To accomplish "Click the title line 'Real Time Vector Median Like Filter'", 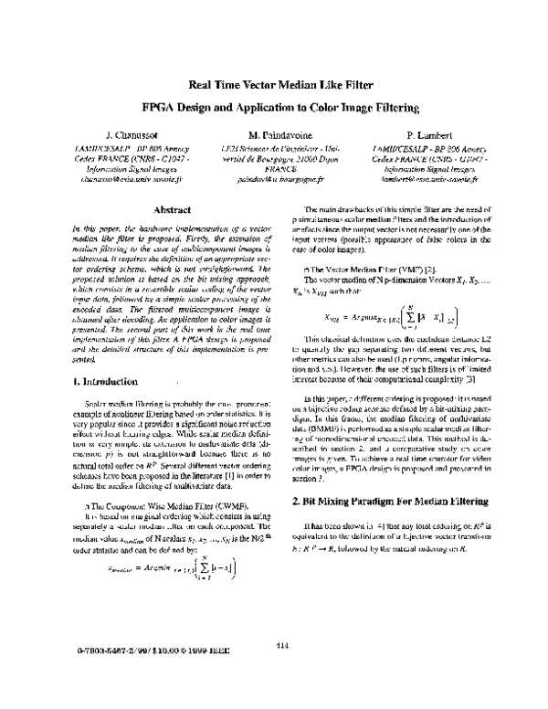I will tap(279, 85).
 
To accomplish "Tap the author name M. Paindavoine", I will tap(273, 134).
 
